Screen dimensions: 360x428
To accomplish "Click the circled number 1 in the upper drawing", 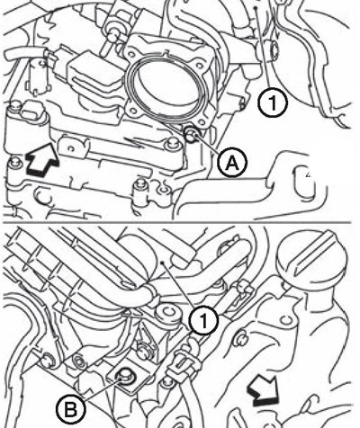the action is click(x=273, y=103).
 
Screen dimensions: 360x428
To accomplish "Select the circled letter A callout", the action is click(x=232, y=164).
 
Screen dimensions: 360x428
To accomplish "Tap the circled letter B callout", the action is click(x=71, y=409).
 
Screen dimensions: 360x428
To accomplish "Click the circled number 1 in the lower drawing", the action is click(x=204, y=321).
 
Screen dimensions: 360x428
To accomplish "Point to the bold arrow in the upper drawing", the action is click(x=42, y=159).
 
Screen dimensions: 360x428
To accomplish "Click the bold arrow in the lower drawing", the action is click(x=263, y=390).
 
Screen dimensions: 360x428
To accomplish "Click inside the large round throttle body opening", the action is click(x=167, y=86).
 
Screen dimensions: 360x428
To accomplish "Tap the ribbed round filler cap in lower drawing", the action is click(x=312, y=257).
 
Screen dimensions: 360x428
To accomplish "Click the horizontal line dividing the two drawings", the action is click(x=177, y=223).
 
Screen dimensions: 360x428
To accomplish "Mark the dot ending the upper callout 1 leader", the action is click(x=256, y=8).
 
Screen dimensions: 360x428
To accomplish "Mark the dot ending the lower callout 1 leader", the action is click(x=162, y=263).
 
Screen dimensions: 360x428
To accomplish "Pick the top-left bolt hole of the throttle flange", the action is click(x=131, y=54).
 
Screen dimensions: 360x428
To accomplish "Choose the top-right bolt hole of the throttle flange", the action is click(x=199, y=64).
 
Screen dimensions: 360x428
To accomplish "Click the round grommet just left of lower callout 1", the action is click(x=168, y=313).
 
